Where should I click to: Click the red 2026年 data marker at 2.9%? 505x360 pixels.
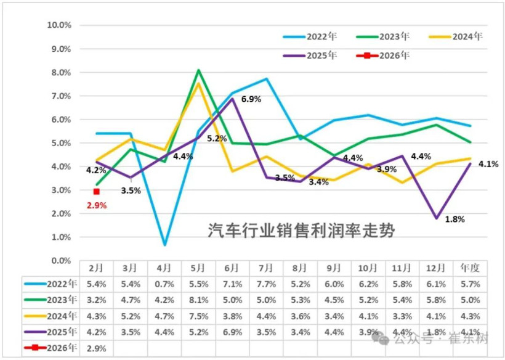[97, 191]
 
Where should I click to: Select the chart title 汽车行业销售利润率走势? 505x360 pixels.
[301, 231]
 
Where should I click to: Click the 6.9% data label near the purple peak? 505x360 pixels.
[251, 99]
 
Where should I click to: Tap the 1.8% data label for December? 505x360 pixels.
[454, 218]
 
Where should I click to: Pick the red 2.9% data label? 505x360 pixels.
[96, 205]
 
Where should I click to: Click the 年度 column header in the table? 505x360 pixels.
[471, 268]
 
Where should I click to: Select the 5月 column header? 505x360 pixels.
[199, 268]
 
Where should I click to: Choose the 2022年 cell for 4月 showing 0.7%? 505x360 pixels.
[164, 284]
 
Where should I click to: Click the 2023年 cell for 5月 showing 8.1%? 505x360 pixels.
[199, 300]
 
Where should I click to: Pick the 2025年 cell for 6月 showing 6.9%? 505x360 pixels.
[233, 331]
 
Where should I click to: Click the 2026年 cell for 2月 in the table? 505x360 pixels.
[97, 347]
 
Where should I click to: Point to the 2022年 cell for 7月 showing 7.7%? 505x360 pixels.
[267, 284]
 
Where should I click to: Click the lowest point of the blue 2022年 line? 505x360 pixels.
[164, 245]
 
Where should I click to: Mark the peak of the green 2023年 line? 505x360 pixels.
[199, 70]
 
